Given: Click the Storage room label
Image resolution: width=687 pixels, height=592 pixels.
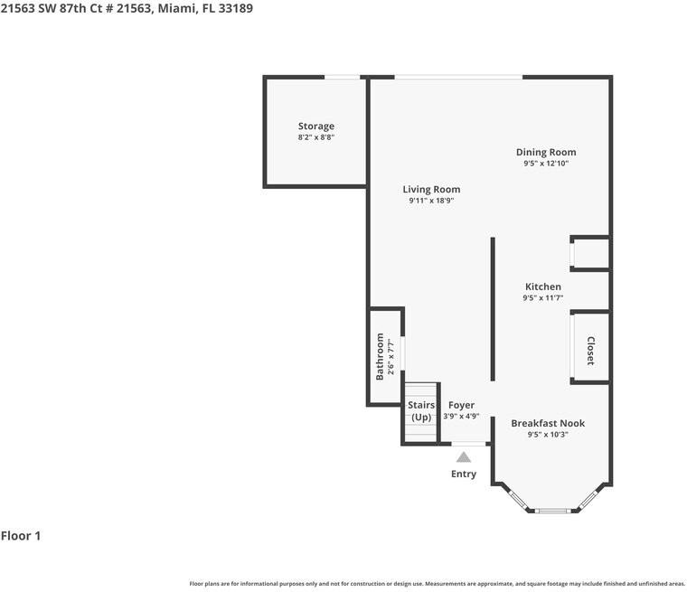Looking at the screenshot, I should click(316, 127).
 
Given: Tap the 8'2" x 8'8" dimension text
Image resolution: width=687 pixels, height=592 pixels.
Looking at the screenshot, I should click(316, 138).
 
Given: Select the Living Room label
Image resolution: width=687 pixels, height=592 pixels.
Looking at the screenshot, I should click(431, 189).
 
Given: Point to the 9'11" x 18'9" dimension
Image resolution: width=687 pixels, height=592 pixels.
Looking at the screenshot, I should click(431, 201).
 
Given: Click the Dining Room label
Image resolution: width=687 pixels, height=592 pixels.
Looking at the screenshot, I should click(546, 152).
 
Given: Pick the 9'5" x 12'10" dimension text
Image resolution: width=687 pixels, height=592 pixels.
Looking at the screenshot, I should click(546, 164).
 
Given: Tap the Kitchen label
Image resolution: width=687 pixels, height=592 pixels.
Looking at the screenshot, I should click(543, 287).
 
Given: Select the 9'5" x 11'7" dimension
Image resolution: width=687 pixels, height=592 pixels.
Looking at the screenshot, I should click(543, 298).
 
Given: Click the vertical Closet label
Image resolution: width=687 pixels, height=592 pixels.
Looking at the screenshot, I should click(590, 351).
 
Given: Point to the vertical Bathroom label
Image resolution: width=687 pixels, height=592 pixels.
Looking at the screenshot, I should click(380, 357).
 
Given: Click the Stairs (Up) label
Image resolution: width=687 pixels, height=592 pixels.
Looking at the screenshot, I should click(421, 411).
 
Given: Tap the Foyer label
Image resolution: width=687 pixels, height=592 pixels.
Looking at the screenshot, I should click(461, 405).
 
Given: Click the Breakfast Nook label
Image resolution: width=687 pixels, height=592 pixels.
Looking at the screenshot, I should click(548, 423).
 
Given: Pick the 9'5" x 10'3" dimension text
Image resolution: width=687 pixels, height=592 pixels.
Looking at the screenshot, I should click(548, 435).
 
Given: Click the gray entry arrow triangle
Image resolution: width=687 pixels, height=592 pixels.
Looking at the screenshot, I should click(464, 457).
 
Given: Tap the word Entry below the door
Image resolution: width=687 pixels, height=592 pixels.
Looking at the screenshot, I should click(464, 475).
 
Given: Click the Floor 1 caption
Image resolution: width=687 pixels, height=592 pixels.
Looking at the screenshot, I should click(21, 536).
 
